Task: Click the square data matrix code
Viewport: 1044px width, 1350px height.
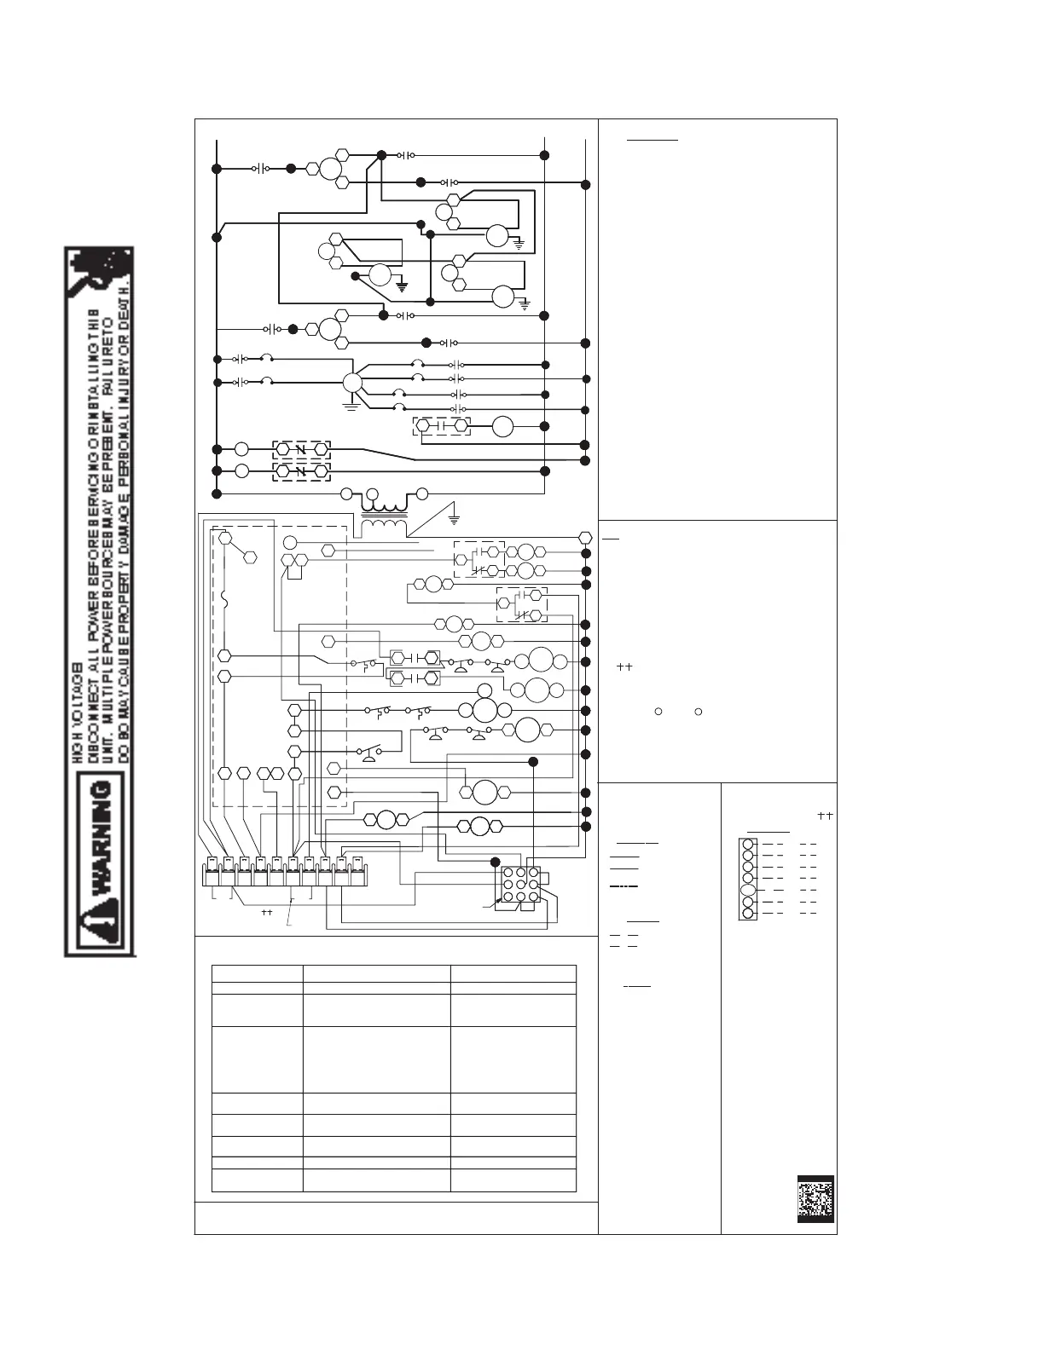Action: [815, 1199]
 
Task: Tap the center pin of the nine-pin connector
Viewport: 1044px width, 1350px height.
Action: [519, 885]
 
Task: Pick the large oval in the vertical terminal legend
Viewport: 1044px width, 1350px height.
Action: [748, 889]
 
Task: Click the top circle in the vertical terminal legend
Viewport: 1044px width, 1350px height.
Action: [748, 845]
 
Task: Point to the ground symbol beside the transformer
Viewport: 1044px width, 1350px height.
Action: [454, 516]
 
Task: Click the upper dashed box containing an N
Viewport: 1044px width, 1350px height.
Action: [301, 448]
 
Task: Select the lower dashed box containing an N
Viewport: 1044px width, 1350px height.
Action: [301, 470]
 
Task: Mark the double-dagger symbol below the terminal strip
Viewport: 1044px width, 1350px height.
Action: [266, 911]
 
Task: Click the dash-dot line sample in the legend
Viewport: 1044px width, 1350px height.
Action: [624, 887]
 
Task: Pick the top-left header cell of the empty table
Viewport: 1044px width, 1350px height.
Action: [258, 973]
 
